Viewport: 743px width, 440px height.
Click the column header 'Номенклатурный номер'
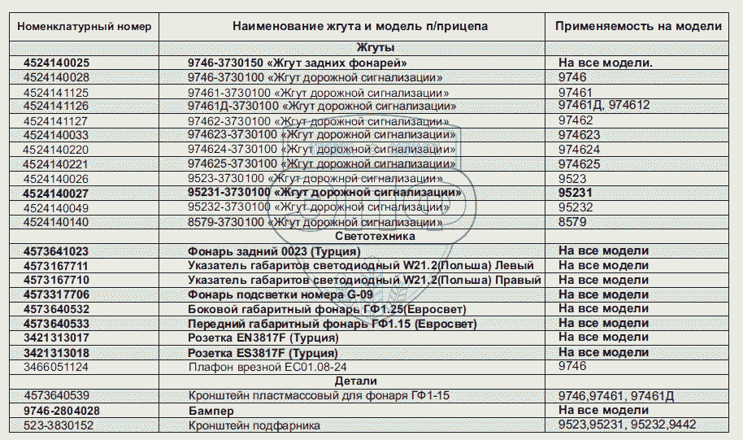tap(85, 26)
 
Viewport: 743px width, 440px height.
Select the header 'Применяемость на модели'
tap(638, 26)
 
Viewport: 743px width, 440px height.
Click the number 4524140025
tap(57, 63)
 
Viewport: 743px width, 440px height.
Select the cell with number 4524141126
tap(57, 107)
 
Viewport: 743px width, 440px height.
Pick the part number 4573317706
tap(57, 294)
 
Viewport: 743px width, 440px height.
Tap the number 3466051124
tap(56, 367)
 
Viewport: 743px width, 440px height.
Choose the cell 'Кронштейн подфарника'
tap(254, 425)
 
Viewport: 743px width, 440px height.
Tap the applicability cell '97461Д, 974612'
tap(604, 107)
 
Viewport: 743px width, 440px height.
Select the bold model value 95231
tap(577, 193)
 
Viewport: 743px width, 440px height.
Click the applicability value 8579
tap(572, 221)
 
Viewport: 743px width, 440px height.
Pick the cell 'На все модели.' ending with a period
tap(606, 63)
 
